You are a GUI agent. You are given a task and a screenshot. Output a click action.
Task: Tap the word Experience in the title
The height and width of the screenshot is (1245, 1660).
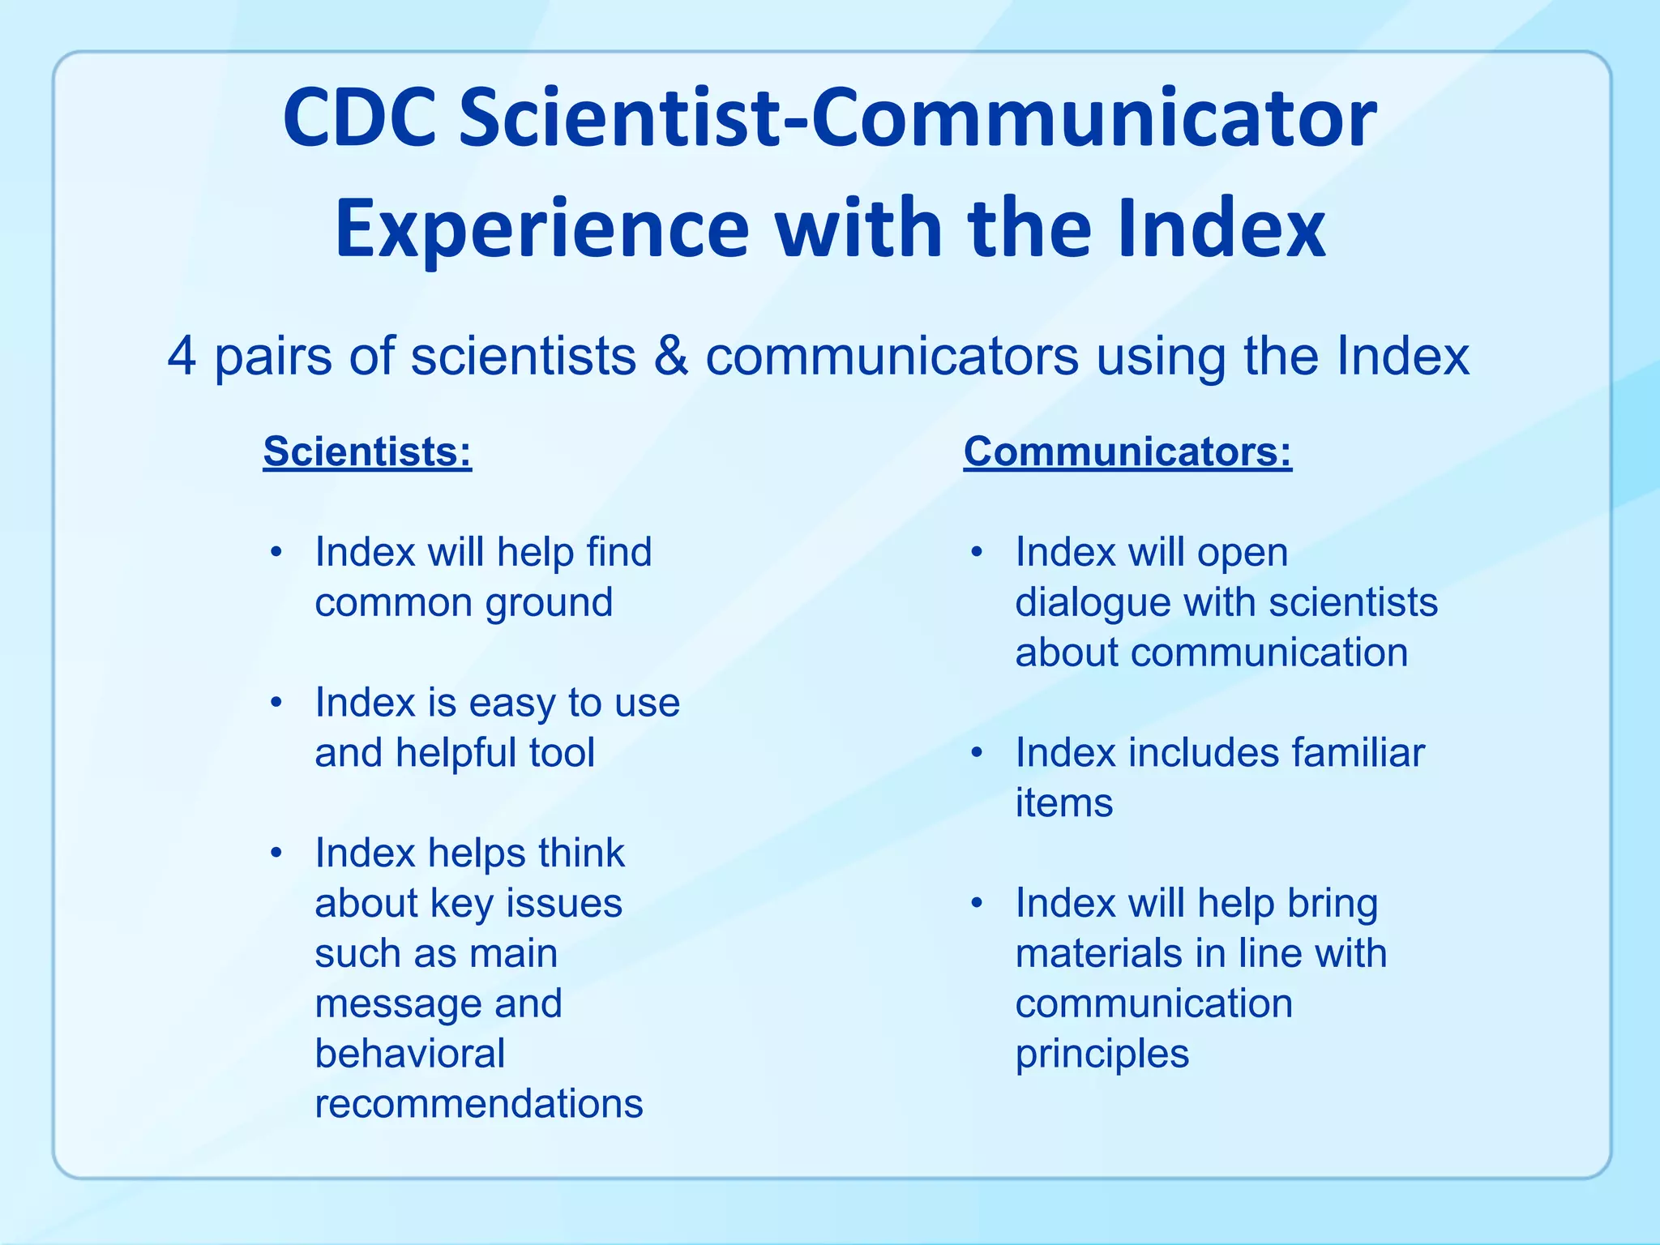click(541, 230)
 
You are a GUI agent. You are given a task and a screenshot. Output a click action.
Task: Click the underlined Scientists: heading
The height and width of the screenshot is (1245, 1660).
click(367, 451)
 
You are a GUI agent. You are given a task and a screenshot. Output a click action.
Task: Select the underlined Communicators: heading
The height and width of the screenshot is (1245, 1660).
click(1127, 451)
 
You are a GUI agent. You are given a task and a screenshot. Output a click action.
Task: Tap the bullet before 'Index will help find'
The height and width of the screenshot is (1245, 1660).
click(277, 553)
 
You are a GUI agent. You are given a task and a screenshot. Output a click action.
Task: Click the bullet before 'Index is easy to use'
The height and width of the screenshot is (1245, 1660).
click(277, 703)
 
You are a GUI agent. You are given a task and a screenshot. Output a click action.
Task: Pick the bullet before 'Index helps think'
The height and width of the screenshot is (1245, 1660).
click(277, 854)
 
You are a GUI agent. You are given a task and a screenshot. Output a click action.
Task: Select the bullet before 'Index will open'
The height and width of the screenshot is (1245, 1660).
click(978, 553)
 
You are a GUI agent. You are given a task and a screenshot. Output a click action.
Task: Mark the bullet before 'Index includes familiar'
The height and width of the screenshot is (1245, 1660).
click(978, 753)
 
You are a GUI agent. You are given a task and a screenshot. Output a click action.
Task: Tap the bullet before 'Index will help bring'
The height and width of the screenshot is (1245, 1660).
click(978, 903)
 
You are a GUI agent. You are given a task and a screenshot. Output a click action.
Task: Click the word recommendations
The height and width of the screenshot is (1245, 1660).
click(479, 1104)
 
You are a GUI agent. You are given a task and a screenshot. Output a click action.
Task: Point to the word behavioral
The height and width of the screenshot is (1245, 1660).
click(410, 1054)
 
